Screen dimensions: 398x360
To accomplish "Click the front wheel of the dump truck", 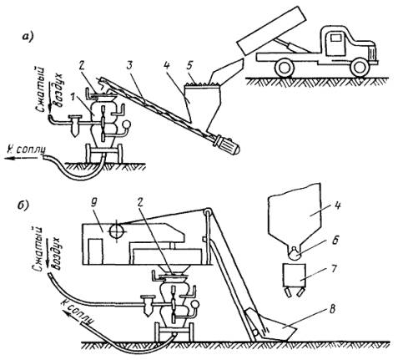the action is tap(360, 68).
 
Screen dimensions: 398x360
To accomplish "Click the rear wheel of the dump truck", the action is tap(285, 68).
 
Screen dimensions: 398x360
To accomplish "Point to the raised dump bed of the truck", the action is tap(271, 30).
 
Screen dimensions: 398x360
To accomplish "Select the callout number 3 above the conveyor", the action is tap(131, 67).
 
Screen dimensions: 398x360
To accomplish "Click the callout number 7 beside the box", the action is tap(334, 269).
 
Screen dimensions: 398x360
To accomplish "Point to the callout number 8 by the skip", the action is tap(334, 310).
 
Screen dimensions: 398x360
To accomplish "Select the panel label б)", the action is tap(23, 206).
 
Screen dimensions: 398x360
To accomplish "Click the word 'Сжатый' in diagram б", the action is tap(38, 247).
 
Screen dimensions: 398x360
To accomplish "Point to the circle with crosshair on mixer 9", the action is tap(117, 231).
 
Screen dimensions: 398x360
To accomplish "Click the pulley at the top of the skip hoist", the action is tap(206, 212).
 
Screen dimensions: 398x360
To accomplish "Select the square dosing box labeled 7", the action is tap(295, 275).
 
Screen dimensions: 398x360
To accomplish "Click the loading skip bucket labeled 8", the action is tap(275, 327).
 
